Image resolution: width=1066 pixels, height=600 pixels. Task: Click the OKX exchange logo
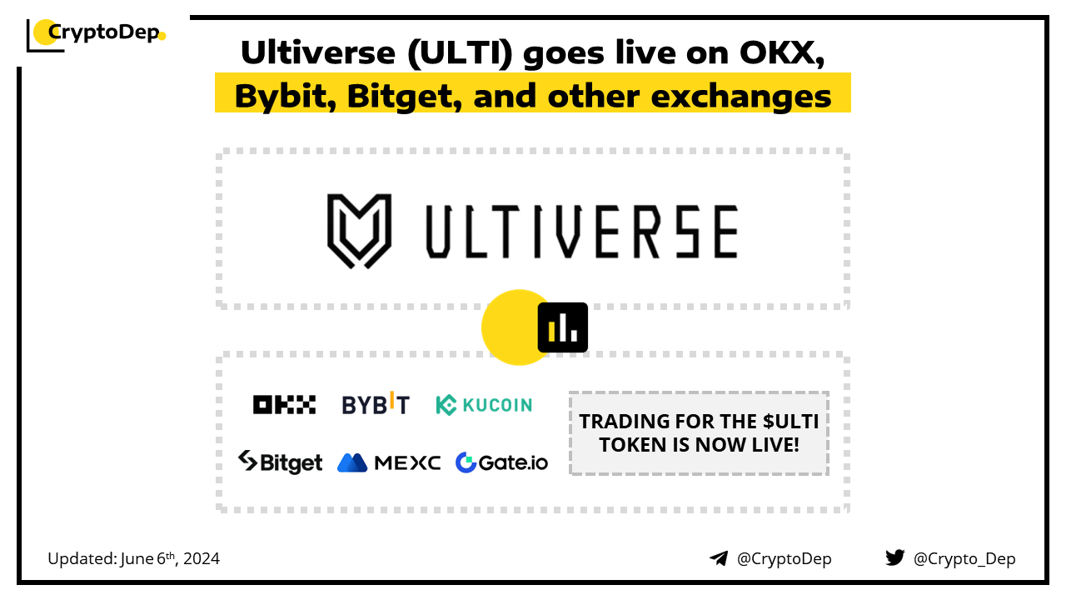pos(284,405)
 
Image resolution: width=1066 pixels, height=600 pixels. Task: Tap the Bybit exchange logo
pos(376,403)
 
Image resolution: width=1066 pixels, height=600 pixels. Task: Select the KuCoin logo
pos(484,405)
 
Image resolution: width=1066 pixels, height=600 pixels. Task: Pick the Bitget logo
pos(281,462)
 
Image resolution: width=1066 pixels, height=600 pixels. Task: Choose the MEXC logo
pos(389,462)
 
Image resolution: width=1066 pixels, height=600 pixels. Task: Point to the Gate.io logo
pos(501,462)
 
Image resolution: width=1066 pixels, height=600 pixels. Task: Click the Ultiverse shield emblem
pos(359,231)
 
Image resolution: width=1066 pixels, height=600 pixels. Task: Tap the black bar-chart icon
pos(562,327)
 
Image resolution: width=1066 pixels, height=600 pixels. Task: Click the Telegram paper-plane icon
pos(719,558)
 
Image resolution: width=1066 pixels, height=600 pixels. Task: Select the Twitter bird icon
pos(894,557)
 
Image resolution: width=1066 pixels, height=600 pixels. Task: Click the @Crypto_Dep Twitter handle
pos(964,559)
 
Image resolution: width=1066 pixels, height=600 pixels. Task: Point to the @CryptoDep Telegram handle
pos(784,559)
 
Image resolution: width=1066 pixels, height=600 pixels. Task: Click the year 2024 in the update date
pos(202,558)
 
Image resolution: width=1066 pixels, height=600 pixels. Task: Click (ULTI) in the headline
pos(460,52)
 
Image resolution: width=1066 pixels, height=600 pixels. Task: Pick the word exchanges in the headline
pos(741,97)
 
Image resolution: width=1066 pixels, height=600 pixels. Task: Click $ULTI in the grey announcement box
pos(790,422)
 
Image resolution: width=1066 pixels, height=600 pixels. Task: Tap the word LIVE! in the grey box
pos(775,445)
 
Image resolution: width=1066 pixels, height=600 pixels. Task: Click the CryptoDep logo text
pos(104,32)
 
